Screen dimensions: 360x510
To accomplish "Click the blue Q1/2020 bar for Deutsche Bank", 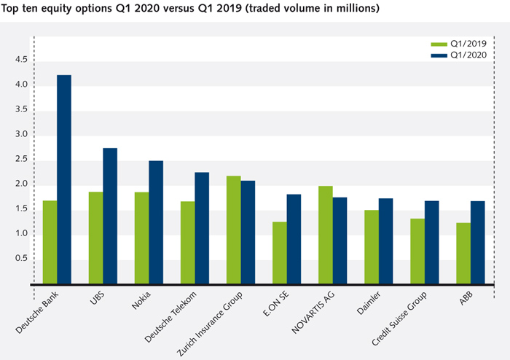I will (64, 179).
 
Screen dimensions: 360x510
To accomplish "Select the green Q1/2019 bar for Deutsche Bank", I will (50, 242).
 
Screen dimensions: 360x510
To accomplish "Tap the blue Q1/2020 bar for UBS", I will (110, 216).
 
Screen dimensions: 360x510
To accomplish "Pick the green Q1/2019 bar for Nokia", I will (141, 238).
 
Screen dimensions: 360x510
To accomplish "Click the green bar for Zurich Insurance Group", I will (233, 230).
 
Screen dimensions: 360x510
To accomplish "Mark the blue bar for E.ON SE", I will (294, 238).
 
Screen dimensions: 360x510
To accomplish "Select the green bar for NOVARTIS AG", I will (325, 235).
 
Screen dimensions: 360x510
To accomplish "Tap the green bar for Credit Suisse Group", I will (417, 251).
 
